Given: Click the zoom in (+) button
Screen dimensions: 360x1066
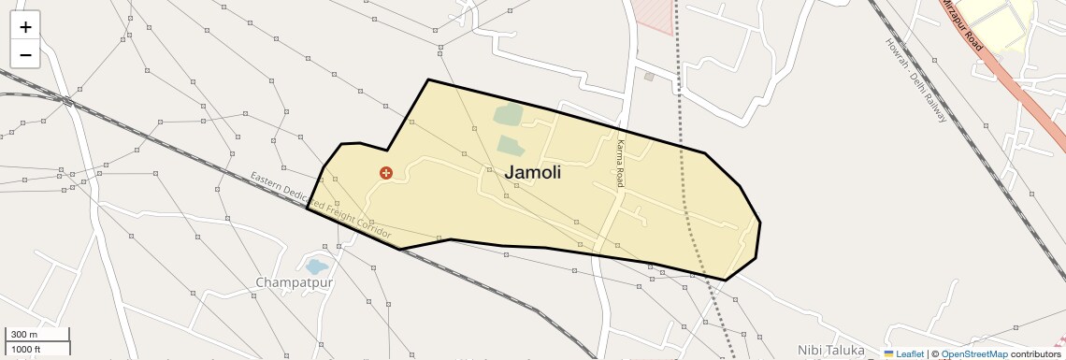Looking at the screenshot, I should pos(25,26).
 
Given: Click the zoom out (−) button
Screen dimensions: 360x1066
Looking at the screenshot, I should pos(25,54).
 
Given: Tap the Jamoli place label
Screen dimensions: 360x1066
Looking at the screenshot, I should pos(533,172).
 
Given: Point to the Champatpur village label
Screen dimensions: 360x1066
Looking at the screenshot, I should pos(295,281).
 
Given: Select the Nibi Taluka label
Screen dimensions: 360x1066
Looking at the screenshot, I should pos(831,349).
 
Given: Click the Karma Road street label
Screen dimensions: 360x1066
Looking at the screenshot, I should pos(620,164).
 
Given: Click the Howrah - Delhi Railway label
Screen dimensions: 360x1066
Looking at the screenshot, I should pos(916,80).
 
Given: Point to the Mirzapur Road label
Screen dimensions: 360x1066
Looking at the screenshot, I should pos(962,25).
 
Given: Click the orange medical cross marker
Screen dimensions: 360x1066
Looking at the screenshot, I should pos(385,173).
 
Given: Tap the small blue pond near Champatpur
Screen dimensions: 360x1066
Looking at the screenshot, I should pos(317,266).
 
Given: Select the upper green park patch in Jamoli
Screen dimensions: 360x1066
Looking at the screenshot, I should pos(508,115).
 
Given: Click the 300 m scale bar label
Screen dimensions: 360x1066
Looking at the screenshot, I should pos(24,335).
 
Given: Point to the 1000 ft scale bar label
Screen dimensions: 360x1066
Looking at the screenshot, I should pos(25,349).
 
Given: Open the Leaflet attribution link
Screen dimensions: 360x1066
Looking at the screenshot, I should pos(903,353).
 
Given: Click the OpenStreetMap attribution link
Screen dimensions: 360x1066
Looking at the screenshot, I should pos(973,353).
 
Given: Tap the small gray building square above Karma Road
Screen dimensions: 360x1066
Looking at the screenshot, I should pos(649,77).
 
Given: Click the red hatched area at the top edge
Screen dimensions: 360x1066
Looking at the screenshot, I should pos(655,14).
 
